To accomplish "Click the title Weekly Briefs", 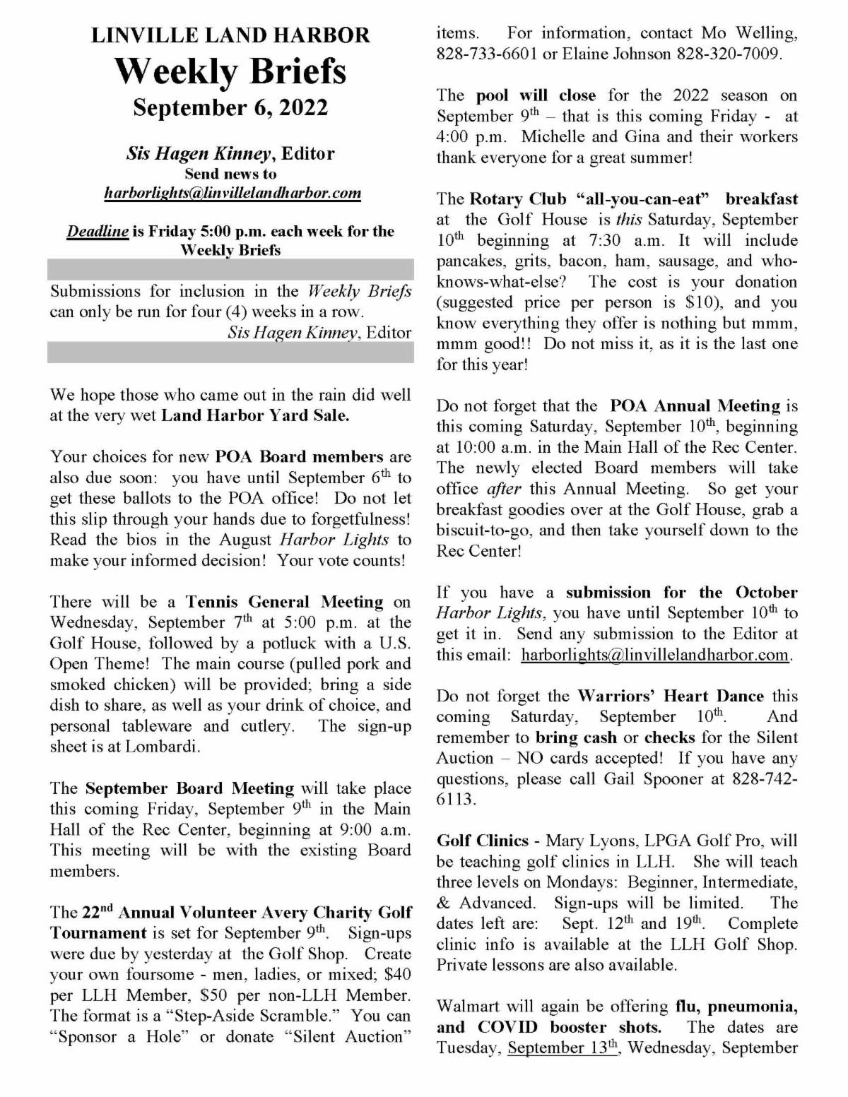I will tap(230, 71).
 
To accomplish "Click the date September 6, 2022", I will tap(230, 107).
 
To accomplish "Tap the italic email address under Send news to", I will tap(232, 193).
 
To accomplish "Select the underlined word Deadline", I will tap(98, 231).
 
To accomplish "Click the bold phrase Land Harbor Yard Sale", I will tap(255, 415).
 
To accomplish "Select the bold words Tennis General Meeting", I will tap(284, 602).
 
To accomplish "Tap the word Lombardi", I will tap(161, 747).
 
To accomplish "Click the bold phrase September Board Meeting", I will tap(189, 788).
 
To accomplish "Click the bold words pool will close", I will tap(536, 95).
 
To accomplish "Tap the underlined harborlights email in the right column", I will tap(654, 655).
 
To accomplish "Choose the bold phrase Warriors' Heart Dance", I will tap(671, 696).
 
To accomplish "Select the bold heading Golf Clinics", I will tap(483, 841).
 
